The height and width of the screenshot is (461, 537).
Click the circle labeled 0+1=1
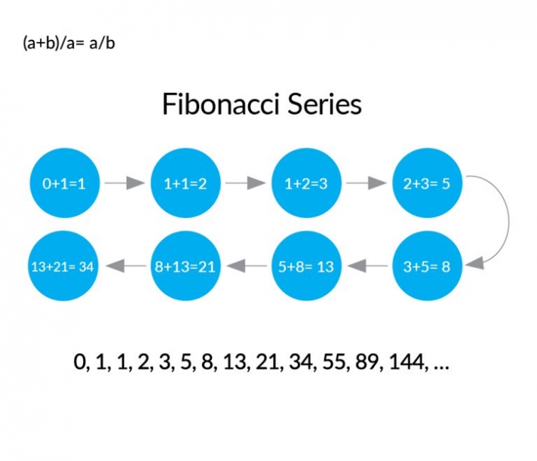point(64,183)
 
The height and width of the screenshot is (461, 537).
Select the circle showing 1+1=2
point(185,183)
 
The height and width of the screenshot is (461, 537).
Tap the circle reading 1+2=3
point(306,183)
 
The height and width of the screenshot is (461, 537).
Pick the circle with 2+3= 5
point(427,183)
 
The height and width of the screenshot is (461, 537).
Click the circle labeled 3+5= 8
point(427,266)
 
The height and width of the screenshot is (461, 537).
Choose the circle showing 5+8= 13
point(306,266)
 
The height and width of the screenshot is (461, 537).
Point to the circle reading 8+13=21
point(185,266)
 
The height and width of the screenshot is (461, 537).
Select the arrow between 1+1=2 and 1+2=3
point(245,183)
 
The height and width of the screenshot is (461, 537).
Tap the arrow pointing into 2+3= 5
point(366,183)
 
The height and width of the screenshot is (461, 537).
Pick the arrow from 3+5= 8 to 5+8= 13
point(367,266)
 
